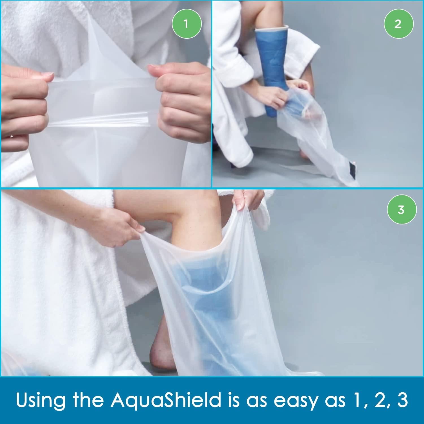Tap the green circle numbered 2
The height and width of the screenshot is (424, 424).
pos(398,24)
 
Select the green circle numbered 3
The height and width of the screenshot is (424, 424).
pos(401,210)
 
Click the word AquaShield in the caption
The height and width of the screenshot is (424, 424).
pos(166,399)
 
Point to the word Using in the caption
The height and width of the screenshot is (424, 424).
pos(41,399)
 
